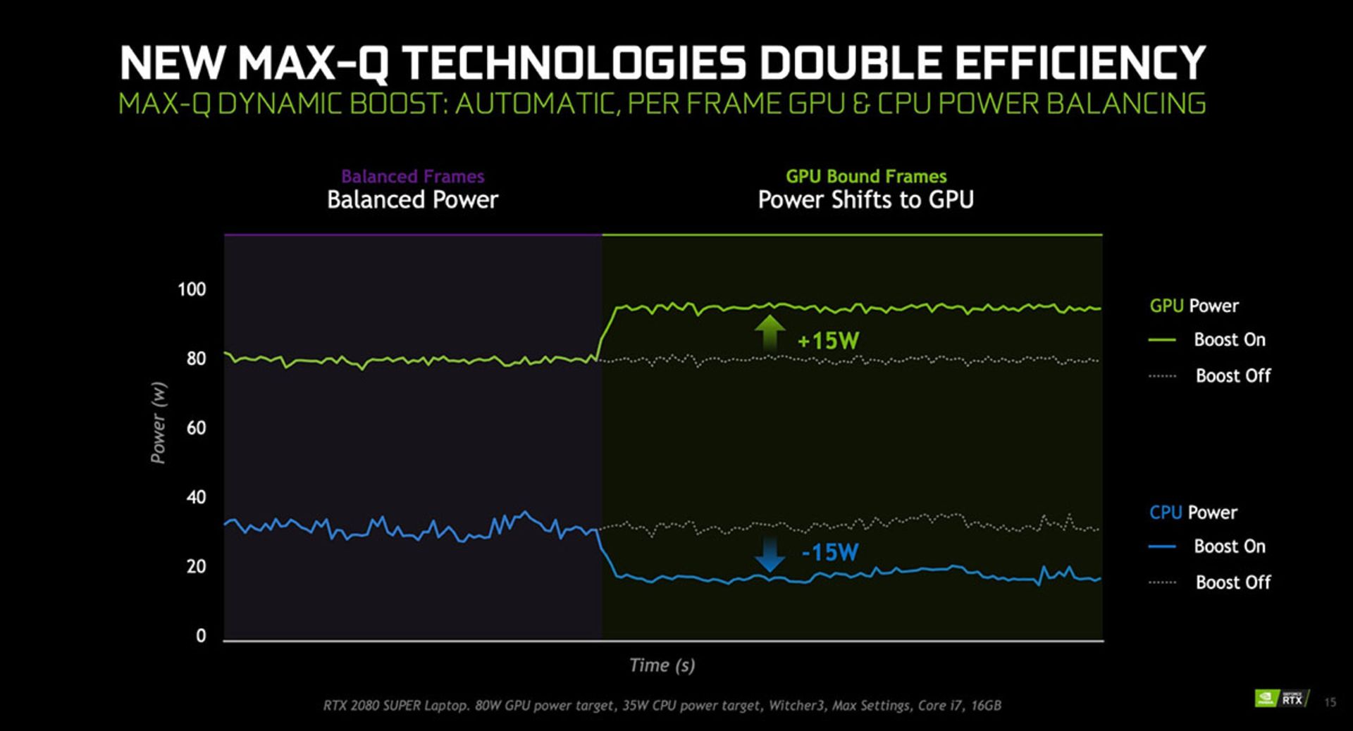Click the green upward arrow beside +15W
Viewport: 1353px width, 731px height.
[770, 332]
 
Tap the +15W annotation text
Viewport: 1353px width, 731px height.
[828, 341]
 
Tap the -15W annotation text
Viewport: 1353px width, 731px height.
[830, 552]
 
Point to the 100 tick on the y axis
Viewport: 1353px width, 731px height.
[192, 289]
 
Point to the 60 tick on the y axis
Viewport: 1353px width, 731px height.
[196, 428]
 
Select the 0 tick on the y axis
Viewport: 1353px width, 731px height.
[201, 636]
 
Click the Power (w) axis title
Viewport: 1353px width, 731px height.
[159, 423]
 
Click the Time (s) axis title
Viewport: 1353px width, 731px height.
[662, 666]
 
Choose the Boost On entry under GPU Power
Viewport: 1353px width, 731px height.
[1229, 339]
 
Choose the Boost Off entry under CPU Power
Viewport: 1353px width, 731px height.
[1232, 582]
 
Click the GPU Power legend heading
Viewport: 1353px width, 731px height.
[1194, 306]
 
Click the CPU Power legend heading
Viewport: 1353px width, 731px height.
[1193, 513]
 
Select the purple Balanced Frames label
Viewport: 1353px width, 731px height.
[412, 176]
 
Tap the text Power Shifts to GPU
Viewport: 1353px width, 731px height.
[865, 200]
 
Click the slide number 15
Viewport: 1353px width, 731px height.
[1330, 702]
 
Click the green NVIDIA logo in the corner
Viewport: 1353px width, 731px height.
[1266, 699]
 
